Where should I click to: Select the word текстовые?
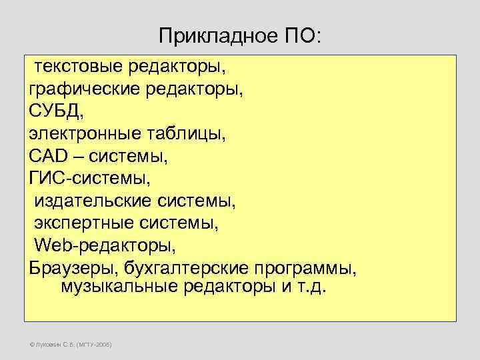point(79,67)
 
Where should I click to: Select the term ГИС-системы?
point(89,178)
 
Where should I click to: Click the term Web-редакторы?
point(105,245)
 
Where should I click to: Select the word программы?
point(304,268)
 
